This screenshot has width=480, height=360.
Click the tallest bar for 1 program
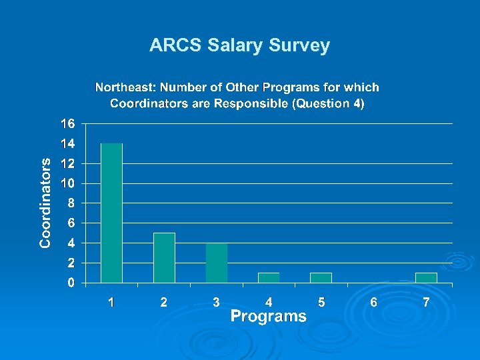[x=111, y=213]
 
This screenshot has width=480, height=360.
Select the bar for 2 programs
[x=164, y=257]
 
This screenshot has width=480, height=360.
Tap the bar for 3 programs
[x=217, y=263]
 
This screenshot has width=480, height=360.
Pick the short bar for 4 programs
[x=269, y=277]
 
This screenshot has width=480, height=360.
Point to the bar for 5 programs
[x=321, y=277]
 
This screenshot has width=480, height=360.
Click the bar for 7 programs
[x=426, y=277]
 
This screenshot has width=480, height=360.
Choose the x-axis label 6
[x=373, y=303]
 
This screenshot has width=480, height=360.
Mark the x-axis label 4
[x=269, y=303]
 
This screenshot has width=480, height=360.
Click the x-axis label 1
[x=111, y=303]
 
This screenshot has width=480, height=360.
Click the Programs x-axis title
[x=269, y=317]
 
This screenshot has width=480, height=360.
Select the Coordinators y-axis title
[x=45, y=203]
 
